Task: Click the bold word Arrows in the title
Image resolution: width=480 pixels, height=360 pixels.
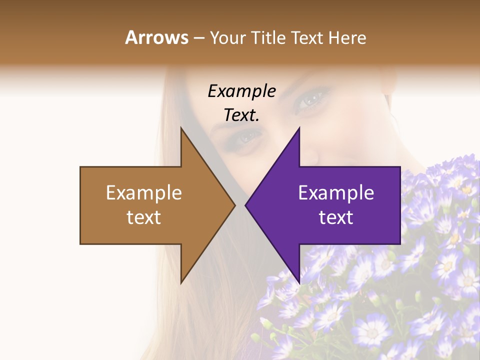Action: click(x=156, y=37)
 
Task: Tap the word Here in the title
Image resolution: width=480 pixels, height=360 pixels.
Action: click(x=347, y=37)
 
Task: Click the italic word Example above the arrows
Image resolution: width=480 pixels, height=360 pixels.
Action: click(x=241, y=91)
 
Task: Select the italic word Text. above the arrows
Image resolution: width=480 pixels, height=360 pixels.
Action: click(x=241, y=115)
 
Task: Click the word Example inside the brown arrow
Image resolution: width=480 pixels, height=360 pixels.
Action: click(x=144, y=192)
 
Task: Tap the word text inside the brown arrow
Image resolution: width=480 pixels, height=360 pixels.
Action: click(x=144, y=217)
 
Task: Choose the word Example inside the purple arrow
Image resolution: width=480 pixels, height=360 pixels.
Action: click(x=336, y=192)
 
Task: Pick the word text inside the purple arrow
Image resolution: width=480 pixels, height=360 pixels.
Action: click(x=336, y=217)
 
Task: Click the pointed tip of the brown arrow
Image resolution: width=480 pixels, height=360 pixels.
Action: click(x=235, y=205)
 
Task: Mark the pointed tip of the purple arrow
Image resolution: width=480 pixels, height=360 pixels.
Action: click(x=246, y=205)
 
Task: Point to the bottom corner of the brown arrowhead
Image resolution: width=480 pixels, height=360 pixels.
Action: click(x=181, y=282)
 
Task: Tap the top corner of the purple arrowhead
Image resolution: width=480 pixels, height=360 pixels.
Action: click(x=299, y=128)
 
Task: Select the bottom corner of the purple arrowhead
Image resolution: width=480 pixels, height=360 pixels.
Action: click(x=299, y=282)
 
